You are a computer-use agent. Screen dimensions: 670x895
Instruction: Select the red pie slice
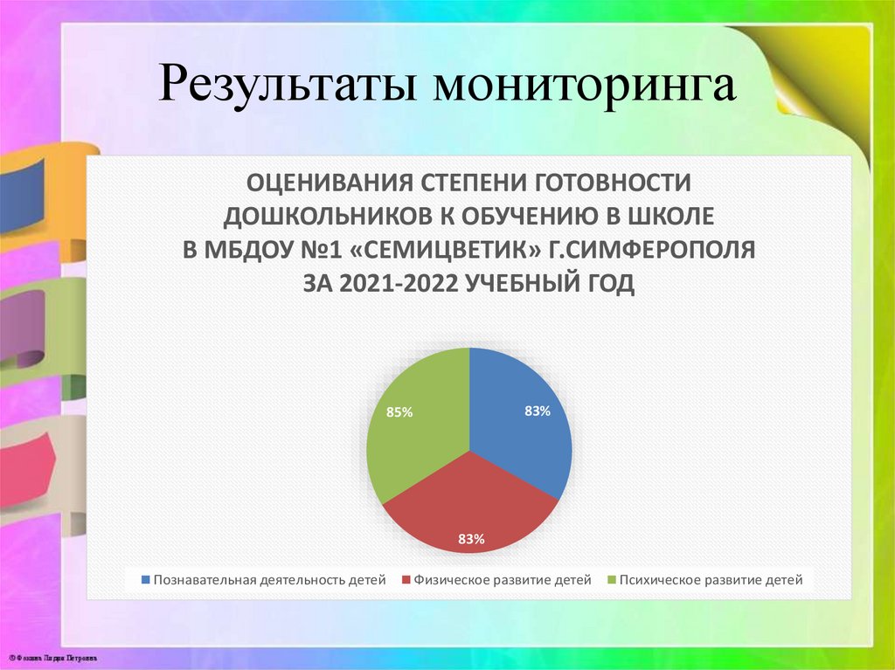tap(469, 507)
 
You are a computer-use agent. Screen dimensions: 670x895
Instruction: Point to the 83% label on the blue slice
tap(537, 411)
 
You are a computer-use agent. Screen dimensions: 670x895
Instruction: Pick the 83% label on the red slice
tap(470, 539)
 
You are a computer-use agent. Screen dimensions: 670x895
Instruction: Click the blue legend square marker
tap(145, 580)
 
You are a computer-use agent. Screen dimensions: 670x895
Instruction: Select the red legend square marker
tap(406, 580)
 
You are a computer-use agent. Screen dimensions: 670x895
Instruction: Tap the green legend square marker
tap(610, 580)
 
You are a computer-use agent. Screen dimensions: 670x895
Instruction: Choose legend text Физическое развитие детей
tap(503, 580)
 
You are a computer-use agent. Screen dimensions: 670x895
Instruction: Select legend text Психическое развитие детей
tap(710, 580)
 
